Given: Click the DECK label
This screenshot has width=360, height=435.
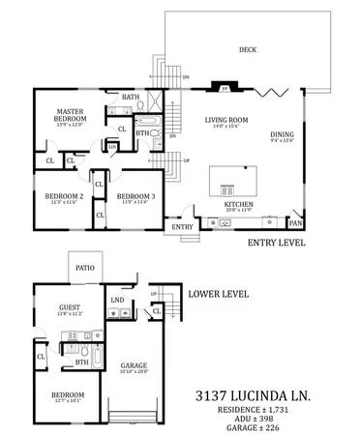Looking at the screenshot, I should point(248,51).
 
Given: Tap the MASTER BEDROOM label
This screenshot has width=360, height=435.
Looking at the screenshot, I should point(74,115).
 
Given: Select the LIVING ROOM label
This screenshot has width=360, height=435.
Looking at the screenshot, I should point(225,120).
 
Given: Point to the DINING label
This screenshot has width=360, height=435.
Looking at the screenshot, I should point(283,134).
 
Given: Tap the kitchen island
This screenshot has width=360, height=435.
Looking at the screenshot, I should point(233,180).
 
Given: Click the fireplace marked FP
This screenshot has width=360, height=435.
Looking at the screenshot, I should point(225,88).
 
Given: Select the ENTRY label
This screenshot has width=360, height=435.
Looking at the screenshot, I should point(181,227).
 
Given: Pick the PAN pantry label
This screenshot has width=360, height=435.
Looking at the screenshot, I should point(295,223).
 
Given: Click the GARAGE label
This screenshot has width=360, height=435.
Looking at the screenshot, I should point(134,366).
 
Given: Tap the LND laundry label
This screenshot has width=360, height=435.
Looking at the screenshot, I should point(117,301).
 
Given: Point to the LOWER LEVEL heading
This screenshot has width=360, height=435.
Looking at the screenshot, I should point(218,293).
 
